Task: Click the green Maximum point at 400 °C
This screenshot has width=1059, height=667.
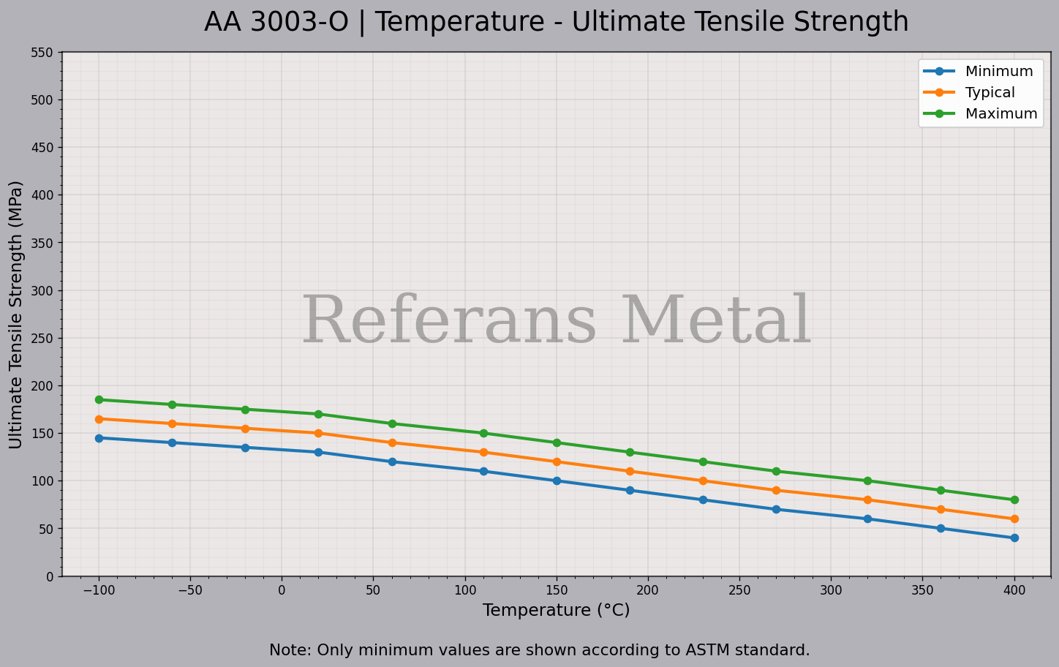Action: point(1014,500)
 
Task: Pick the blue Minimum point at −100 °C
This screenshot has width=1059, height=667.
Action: point(99,438)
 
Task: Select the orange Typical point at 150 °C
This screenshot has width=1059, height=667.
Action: point(557,462)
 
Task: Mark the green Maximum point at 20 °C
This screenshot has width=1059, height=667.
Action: point(318,415)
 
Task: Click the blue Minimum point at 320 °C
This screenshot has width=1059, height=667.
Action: point(867,519)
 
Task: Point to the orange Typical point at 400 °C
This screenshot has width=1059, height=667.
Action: point(1014,519)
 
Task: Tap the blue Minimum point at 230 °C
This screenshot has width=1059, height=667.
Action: point(703,500)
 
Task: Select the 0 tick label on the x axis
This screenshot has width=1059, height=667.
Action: point(282,590)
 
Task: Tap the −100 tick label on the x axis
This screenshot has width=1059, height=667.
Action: point(99,590)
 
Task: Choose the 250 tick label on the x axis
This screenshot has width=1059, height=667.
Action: point(739,590)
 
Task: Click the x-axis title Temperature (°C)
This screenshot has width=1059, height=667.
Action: point(556,611)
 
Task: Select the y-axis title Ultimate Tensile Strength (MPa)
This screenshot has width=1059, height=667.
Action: point(16,314)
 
